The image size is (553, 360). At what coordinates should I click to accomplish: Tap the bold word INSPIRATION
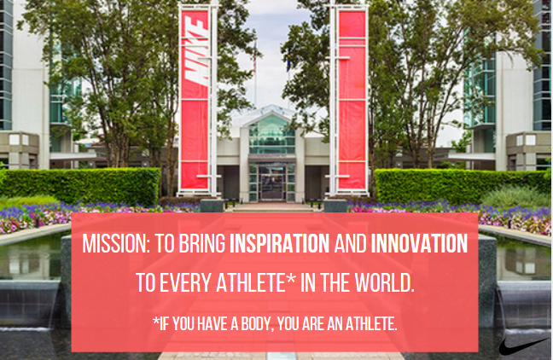(279, 243)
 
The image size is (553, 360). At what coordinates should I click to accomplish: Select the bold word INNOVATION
(419, 243)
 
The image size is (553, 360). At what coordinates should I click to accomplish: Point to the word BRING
(201, 243)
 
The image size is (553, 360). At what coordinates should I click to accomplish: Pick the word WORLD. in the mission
(384, 282)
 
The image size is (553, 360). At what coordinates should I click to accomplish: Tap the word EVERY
(185, 282)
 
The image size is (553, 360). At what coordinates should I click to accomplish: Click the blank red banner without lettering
(352, 100)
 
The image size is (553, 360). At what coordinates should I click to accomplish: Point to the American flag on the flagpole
(254, 58)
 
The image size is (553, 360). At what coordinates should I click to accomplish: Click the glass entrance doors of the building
(271, 183)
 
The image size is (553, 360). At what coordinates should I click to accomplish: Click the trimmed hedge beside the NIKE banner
(82, 186)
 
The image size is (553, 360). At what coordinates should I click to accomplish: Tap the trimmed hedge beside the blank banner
(458, 186)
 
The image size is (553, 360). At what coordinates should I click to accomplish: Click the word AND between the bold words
(350, 243)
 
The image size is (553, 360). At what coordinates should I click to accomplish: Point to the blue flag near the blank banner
(288, 62)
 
